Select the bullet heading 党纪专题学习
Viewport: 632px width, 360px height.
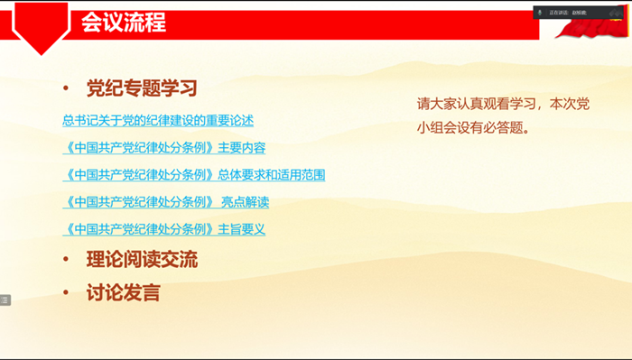[142, 88]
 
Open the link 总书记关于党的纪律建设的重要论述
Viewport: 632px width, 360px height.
[158, 120]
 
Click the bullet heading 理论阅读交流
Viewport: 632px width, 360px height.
[142, 260]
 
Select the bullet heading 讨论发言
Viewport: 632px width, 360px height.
[123, 292]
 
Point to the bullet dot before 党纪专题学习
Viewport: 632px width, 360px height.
[65, 89]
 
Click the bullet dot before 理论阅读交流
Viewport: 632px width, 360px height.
[65, 261]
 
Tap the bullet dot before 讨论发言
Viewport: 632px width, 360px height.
[65, 293]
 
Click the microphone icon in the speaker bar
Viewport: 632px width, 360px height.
[540, 13]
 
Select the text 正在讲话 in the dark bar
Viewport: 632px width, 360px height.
[558, 13]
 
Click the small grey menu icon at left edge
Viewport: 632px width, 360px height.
[5, 300]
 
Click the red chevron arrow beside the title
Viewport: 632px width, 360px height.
[42, 27]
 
